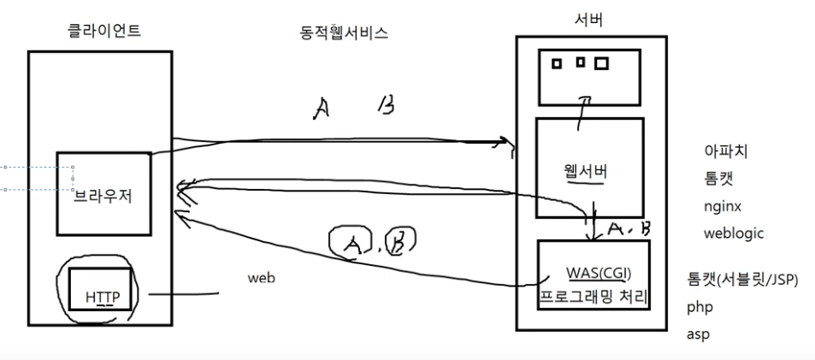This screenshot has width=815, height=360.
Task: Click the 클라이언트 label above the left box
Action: point(104,31)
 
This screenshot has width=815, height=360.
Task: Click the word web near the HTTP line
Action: point(262,278)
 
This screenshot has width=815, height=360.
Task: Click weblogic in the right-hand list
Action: point(733,233)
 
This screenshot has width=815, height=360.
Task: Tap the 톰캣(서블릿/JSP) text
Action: point(741,279)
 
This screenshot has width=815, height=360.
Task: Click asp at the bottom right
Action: point(697,333)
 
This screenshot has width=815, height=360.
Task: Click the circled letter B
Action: point(399,243)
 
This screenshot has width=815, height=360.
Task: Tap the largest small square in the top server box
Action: point(601,63)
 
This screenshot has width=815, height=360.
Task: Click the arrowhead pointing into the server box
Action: point(510,145)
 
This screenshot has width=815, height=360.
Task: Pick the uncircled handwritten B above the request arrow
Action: point(386,106)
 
